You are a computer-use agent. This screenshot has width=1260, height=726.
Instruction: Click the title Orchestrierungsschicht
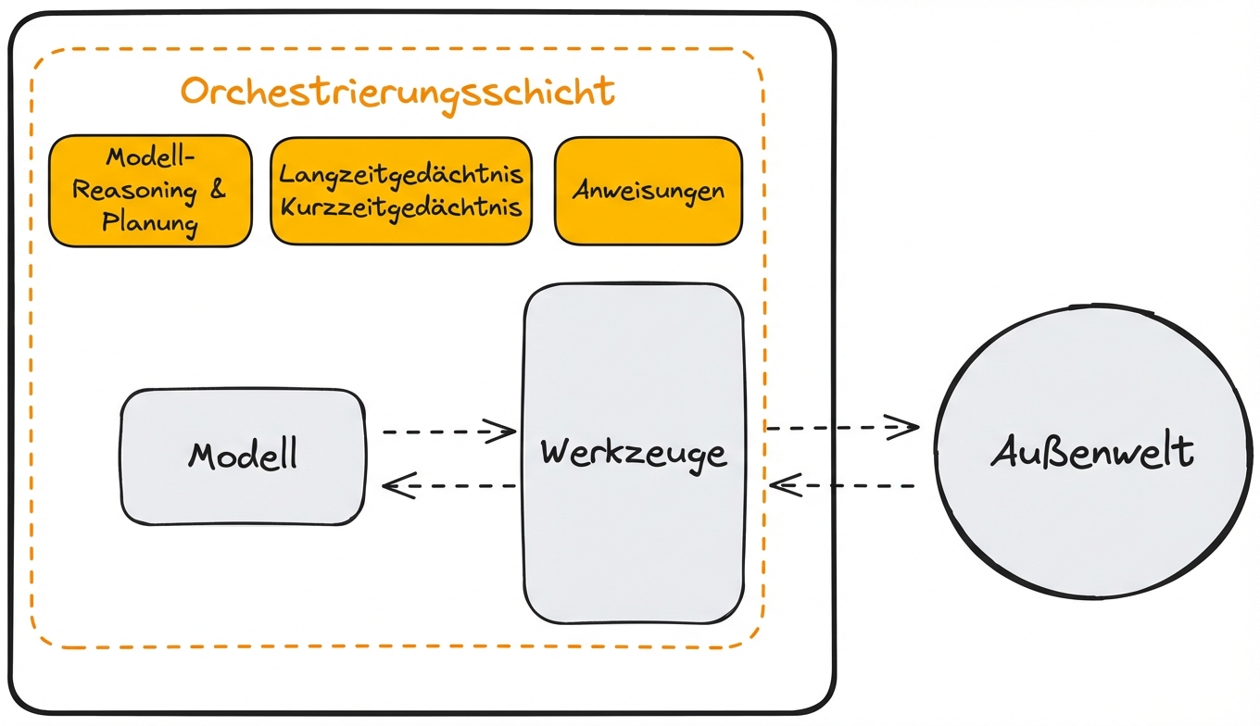click(x=397, y=93)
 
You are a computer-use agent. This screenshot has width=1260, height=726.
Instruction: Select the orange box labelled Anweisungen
click(x=648, y=191)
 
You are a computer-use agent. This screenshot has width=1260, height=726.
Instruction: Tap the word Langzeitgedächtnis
click(x=401, y=174)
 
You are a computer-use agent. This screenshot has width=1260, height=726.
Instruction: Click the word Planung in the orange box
click(x=149, y=223)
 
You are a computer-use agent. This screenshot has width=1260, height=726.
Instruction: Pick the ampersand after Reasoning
click(x=216, y=191)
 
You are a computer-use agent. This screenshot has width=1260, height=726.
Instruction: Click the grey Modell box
click(x=243, y=457)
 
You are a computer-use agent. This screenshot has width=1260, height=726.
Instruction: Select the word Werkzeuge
click(x=633, y=453)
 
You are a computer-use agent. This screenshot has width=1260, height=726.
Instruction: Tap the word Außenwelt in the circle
click(x=1093, y=453)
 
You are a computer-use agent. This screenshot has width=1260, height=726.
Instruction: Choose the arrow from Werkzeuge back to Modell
click(x=448, y=485)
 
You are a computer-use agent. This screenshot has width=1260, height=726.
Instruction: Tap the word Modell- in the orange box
click(x=149, y=157)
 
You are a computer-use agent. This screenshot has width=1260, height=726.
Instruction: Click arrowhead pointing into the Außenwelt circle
click(x=904, y=427)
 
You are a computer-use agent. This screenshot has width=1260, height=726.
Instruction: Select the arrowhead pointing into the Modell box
click(x=397, y=485)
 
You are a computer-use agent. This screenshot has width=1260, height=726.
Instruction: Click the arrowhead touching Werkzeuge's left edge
click(x=503, y=431)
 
